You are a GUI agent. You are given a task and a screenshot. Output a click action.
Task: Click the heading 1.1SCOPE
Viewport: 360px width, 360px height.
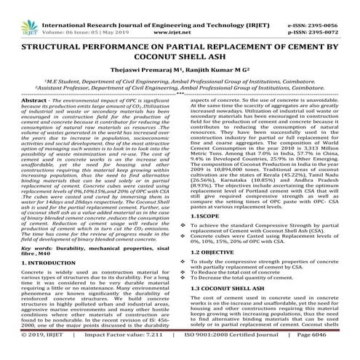point(204,217)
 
